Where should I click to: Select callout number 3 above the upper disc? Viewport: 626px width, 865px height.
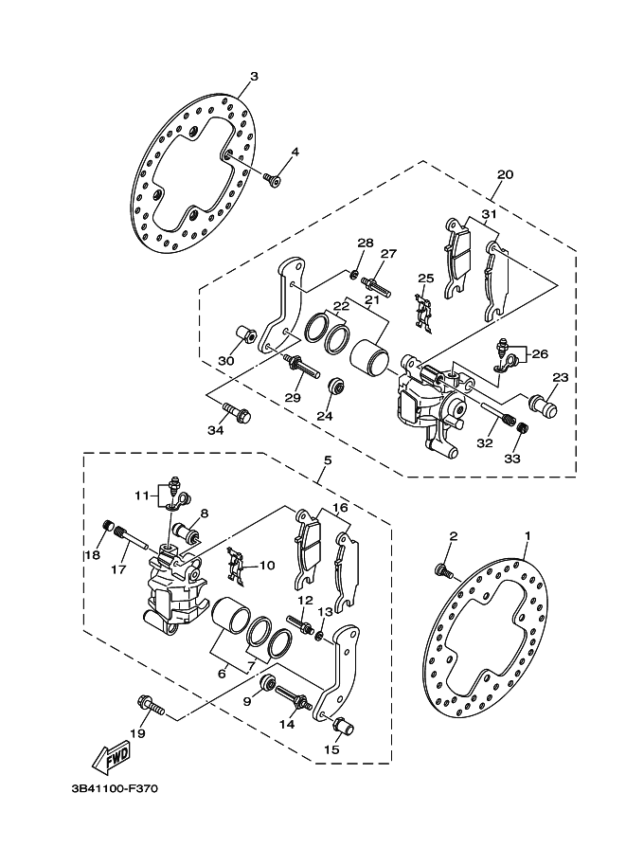[254, 76]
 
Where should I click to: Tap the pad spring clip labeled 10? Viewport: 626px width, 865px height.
[237, 567]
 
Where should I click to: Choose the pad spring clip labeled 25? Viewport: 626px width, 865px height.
[424, 314]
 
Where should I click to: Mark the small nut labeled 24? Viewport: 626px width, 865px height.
[333, 389]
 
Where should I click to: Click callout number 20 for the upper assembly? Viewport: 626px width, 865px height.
[505, 175]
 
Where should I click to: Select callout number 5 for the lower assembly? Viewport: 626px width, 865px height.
[327, 460]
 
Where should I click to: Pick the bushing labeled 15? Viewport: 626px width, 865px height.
[343, 728]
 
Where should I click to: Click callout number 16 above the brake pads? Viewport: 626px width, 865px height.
[339, 508]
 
